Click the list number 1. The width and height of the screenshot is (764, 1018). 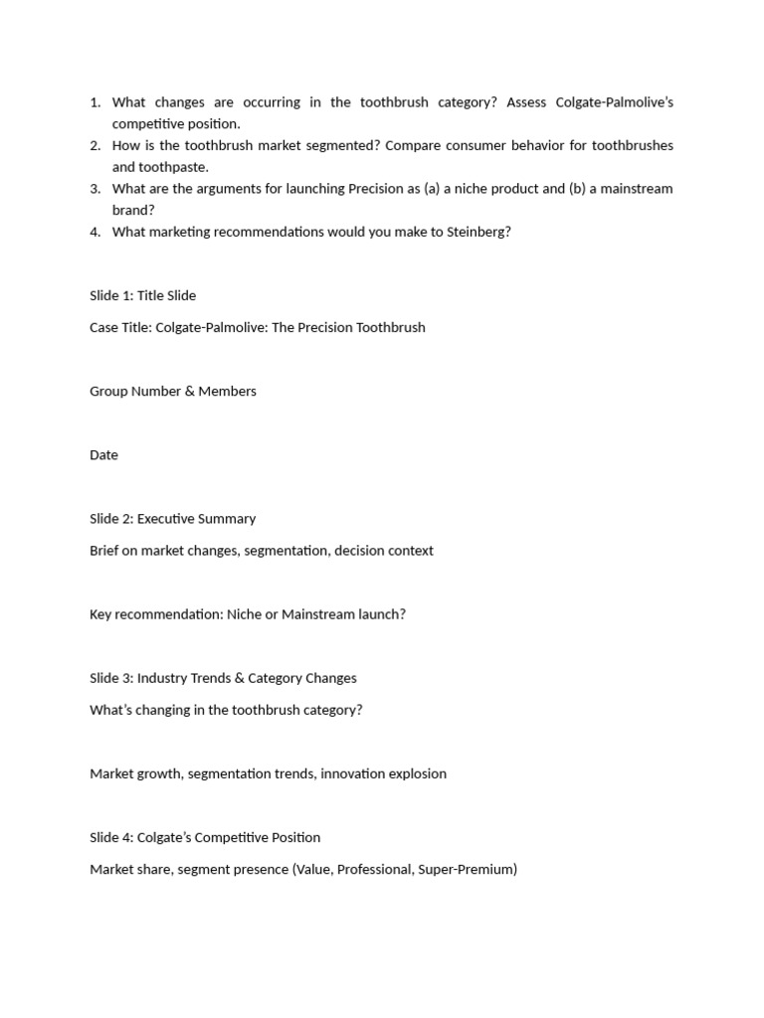click(95, 102)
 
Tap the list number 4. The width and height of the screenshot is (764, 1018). click(95, 232)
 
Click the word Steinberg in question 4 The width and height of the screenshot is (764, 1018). click(476, 232)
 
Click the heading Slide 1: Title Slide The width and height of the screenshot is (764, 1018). click(142, 295)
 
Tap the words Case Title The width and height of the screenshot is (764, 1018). click(119, 327)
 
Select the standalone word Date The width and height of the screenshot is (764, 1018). click(103, 454)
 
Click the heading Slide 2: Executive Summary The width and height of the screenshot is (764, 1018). click(172, 518)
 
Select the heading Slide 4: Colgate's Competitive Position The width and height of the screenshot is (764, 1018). click(205, 837)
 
